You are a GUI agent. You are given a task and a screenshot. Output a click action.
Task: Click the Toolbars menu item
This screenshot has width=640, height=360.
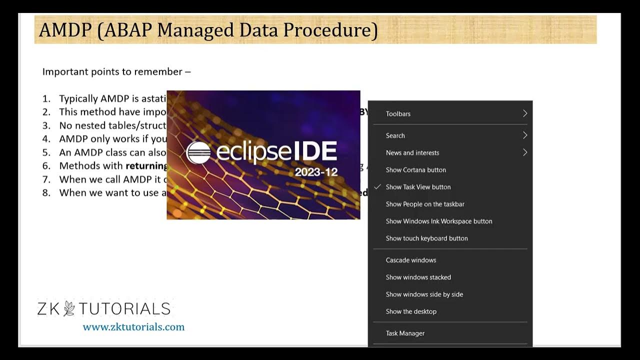(x=398, y=114)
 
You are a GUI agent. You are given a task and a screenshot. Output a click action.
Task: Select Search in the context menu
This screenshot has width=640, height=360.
(x=395, y=135)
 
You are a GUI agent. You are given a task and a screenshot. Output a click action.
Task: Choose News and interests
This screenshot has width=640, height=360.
(x=412, y=153)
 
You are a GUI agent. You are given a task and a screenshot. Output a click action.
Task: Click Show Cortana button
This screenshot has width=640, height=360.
(x=415, y=170)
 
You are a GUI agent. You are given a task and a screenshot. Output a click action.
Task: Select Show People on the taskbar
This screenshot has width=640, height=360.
(x=425, y=204)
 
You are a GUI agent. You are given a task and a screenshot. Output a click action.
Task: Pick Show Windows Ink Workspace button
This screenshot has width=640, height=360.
(x=438, y=221)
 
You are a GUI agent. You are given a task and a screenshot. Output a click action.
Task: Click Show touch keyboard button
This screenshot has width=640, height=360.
(x=426, y=238)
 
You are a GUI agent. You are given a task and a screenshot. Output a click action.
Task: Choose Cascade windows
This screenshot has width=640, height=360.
(x=410, y=260)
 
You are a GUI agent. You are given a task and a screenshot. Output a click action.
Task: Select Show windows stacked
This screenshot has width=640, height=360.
(x=418, y=277)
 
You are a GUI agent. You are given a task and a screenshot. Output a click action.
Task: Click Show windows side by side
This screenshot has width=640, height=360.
(x=424, y=294)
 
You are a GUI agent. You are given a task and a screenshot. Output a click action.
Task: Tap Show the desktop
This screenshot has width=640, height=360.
(x=411, y=311)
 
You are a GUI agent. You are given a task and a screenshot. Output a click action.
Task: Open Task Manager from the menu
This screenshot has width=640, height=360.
(x=405, y=333)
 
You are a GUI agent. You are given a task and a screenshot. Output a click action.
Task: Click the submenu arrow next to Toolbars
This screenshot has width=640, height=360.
(x=525, y=113)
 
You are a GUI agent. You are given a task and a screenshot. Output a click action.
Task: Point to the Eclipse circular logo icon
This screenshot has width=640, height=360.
(x=198, y=153)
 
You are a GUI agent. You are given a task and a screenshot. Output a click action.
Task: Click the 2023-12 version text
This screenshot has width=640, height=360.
(x=315, y=172)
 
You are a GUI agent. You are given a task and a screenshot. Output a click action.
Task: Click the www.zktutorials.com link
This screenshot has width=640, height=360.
(x=133, y=327)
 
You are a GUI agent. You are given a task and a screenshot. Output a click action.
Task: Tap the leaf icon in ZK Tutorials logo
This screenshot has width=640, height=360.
(x=69, y=308)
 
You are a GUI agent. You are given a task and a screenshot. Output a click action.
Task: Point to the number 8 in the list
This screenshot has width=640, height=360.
(x=46, y=193)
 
